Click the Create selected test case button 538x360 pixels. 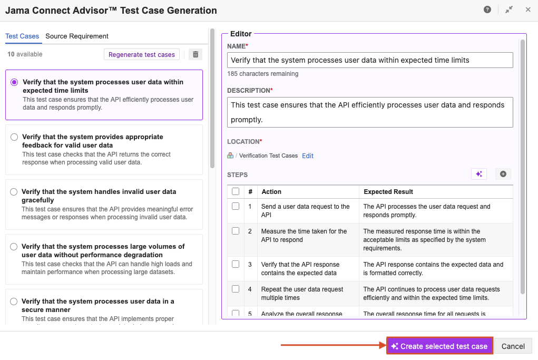tap(439, 346)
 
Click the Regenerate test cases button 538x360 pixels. tap(142, 54)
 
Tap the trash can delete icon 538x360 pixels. tap(195, 54)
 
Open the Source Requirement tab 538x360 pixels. tap(77, 36)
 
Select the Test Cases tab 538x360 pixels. tap(22, 36)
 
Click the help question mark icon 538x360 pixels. tap(487, 9)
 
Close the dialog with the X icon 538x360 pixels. tap(528, 9)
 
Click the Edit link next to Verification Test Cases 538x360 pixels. tap(308, 155)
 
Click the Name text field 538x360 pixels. tap(370, 60)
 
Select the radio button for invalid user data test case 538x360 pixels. tap(14, 192)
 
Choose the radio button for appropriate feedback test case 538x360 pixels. tap(14, 137)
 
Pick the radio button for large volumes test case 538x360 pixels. tap(14, 247)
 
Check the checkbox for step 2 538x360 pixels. tap(236, 231)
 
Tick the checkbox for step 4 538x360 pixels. tap(236, 289)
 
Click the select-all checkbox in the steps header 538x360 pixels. tap(236, 191)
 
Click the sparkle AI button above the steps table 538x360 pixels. tap(478, 174)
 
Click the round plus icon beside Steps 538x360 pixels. tap(503, 174)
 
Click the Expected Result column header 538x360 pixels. tap(388, 192)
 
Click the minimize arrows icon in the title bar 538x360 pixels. tap(508, 9)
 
